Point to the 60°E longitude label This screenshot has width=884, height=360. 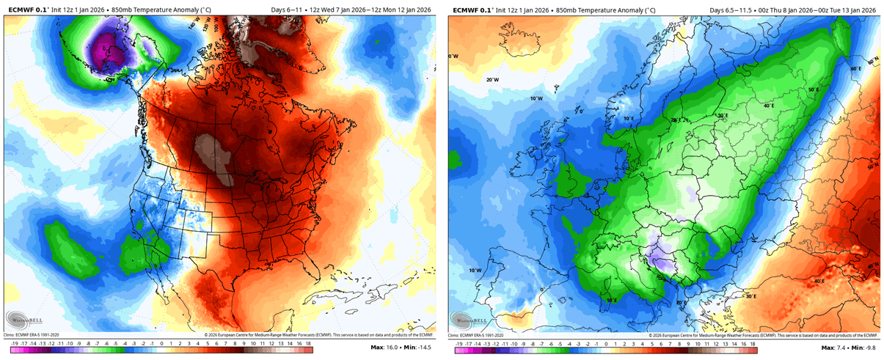pyautogui.click(x=854, y=68)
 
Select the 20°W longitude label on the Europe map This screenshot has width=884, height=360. pyautogui.click(x=492, y=80)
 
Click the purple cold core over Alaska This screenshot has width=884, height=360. pyautogui.click(x=106, y=54)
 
